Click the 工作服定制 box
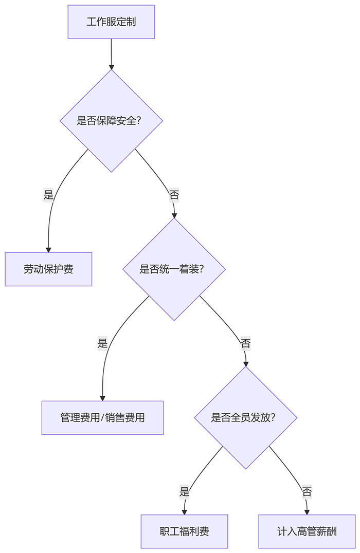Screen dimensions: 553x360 (111, 22)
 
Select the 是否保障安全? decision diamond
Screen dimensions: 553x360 (111, 121)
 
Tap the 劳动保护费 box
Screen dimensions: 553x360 (48, 269)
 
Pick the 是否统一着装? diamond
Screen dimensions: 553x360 (174, 269)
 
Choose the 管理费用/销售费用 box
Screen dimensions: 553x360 (102, 417)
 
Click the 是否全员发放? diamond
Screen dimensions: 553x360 (245, 417)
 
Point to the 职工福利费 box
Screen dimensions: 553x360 (184, 531)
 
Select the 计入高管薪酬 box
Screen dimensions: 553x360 (307, 531)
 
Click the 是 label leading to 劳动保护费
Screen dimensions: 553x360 (49, 195)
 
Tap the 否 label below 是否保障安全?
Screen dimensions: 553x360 (174, 195)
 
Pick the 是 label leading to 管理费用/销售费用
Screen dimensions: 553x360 (102, 343)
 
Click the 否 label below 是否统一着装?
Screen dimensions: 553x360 (245, 343)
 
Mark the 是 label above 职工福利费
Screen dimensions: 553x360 (184, 491)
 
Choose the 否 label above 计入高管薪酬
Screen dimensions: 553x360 (307, 491)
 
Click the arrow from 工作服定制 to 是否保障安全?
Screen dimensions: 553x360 (111, 53)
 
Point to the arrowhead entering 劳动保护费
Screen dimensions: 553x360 (48, 249)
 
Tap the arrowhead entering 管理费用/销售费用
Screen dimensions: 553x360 (102, 397)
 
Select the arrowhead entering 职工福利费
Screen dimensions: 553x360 (184, 511)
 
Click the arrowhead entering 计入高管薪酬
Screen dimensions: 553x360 (307, 511)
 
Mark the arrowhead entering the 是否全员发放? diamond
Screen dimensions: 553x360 (245, 363)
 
